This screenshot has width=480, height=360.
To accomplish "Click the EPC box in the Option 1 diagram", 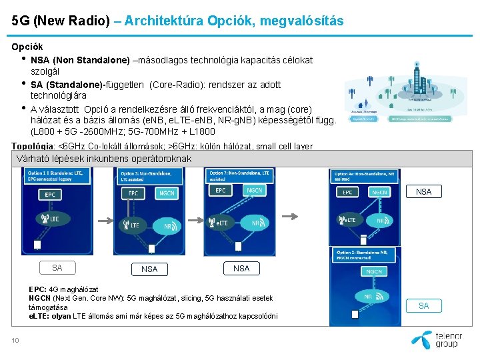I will point(50,195).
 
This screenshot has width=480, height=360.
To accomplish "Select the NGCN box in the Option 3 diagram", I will point(167,193).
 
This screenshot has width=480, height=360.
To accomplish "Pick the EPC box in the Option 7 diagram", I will point(221,191).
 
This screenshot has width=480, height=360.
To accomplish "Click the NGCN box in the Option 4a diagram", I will point(380,192).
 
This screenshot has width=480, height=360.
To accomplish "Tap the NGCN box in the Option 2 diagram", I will point(374,271).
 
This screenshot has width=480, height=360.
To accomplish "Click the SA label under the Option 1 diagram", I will point(57,267).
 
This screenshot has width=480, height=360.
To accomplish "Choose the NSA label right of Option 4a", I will point(423,191).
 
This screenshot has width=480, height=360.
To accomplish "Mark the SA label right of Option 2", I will point(423,305).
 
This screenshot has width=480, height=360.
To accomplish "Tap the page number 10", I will point(15,341).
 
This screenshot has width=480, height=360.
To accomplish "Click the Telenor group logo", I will point(437,339).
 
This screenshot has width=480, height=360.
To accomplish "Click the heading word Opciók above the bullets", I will point(27,47).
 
